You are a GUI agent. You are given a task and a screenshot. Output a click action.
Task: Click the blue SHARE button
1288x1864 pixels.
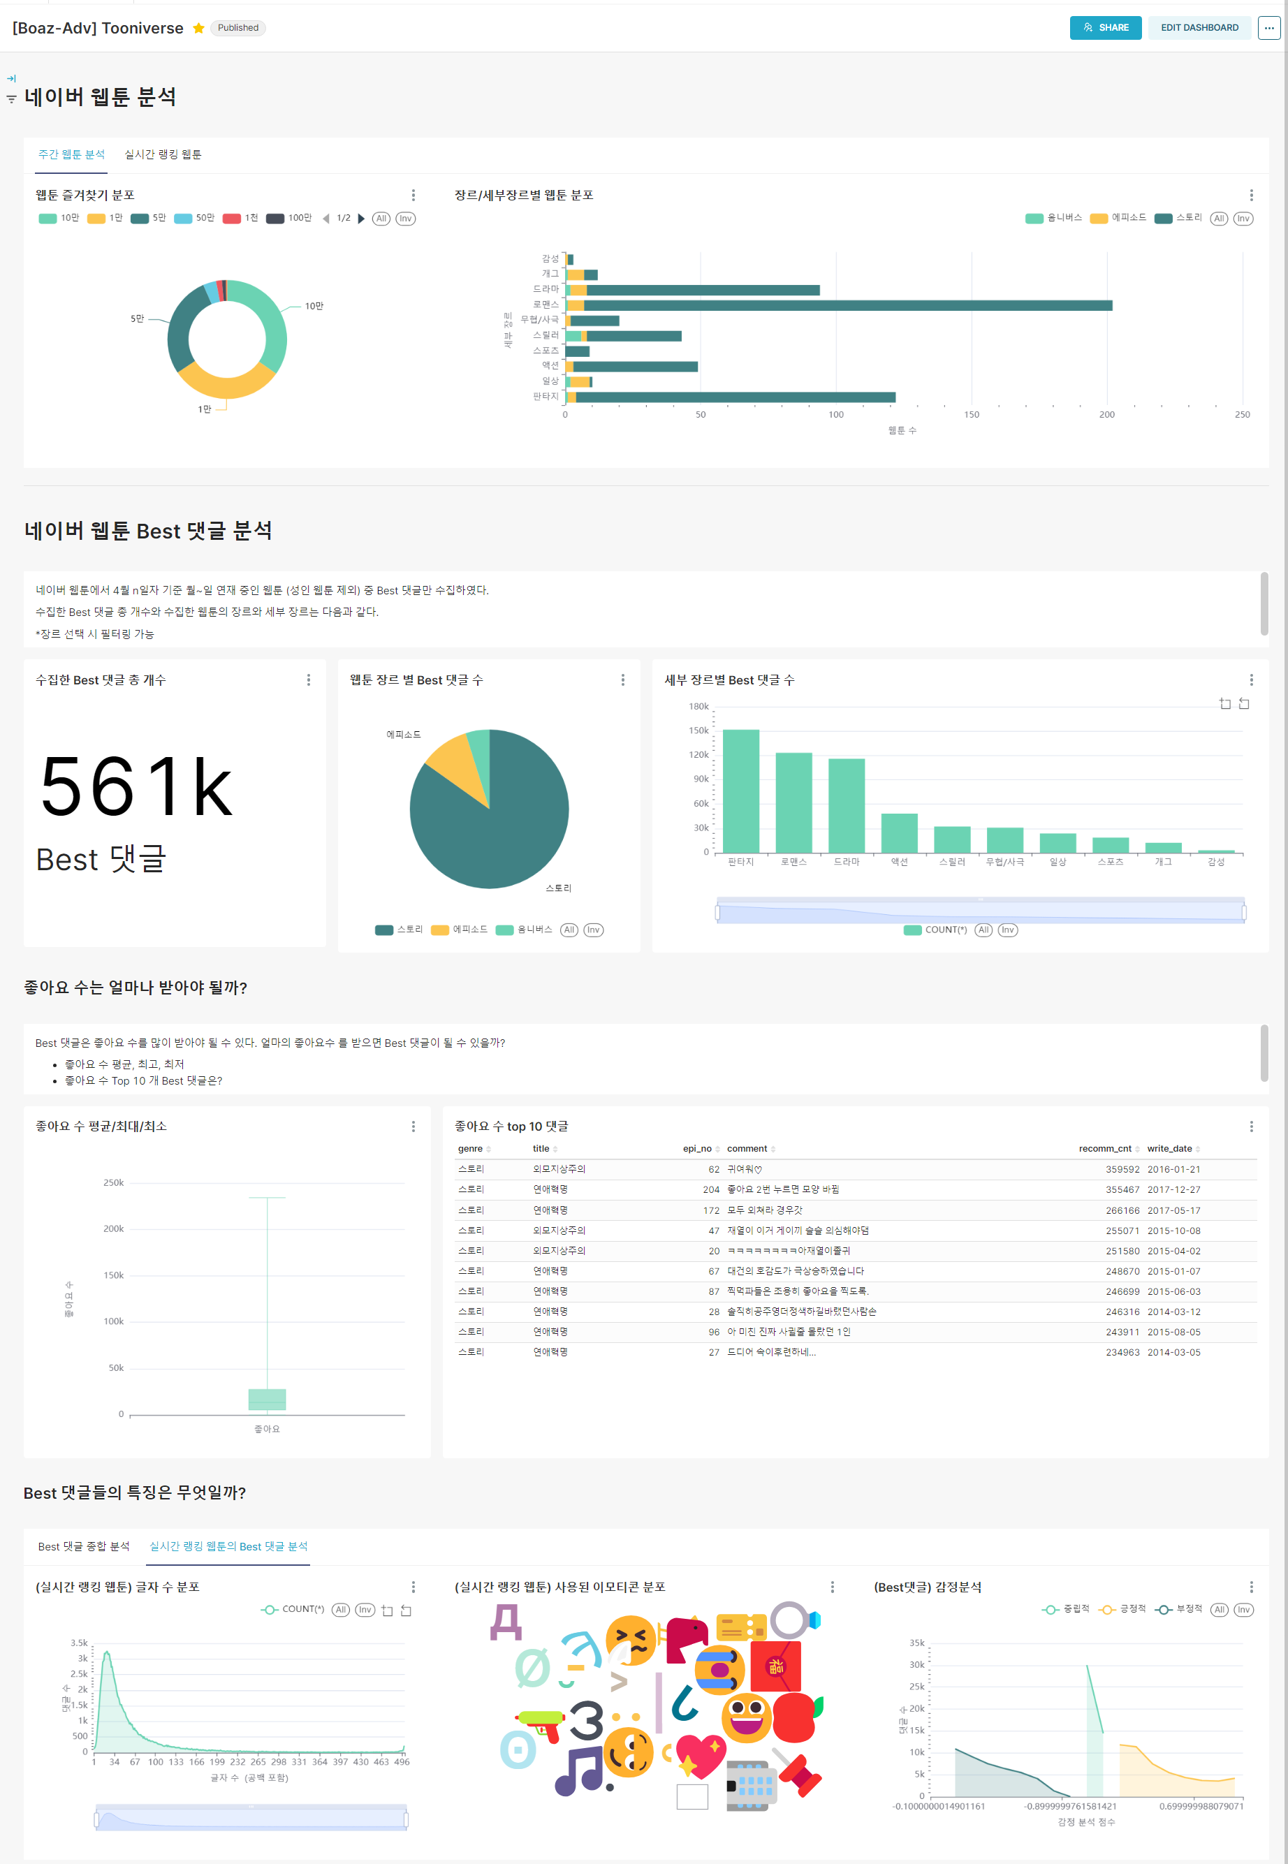point(1105,27)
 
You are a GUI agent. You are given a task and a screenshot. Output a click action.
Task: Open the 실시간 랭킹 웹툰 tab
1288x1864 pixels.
point(163,154)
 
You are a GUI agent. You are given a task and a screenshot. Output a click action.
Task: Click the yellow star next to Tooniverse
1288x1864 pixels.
point(198,28)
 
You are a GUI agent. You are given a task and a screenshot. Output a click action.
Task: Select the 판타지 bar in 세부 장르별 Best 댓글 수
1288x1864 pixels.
point(740,791)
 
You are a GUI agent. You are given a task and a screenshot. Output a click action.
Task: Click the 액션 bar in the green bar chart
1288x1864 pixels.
point(898,832)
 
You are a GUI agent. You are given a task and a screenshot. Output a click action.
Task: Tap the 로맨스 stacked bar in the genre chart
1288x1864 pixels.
point(847,305)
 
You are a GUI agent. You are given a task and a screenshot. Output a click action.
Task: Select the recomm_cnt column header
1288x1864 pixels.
point(1104,1148)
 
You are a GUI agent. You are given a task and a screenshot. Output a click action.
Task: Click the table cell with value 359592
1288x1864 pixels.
point(1122,1169)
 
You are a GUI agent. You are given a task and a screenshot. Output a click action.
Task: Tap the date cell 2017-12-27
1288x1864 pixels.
point(1173,1189)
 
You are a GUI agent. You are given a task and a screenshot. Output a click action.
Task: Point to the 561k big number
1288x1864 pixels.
point(136,787)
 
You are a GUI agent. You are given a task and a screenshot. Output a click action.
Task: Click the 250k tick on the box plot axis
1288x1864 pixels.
point(114,1183)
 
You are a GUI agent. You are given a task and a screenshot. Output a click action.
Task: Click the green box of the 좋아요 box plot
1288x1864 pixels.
point(267,1399)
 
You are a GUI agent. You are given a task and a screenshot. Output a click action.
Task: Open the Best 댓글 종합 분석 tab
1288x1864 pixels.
point(83,1546)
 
